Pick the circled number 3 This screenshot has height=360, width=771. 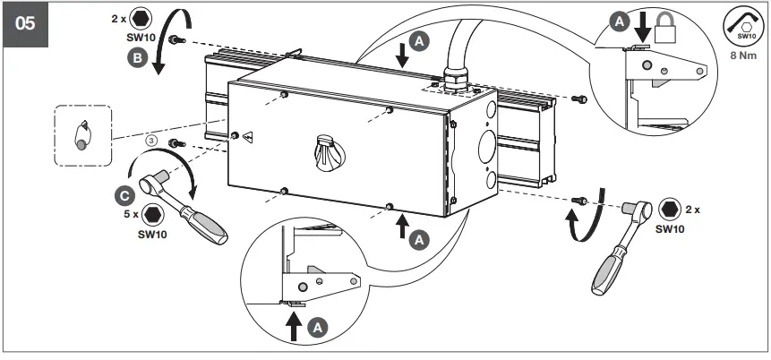[153, 140]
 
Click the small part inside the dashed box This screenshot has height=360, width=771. [81, 134]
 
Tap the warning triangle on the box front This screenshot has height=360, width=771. [247, 137]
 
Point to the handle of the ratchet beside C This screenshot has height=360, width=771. [205, 220]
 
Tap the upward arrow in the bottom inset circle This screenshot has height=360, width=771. [293, 328]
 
